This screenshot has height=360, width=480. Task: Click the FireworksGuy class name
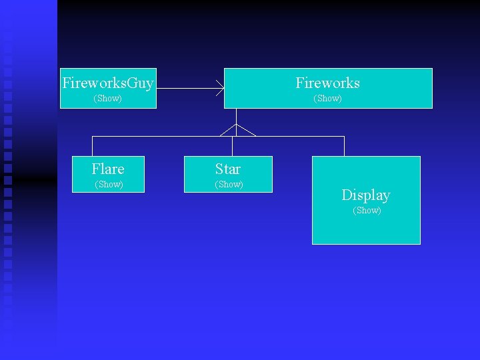[108, 83]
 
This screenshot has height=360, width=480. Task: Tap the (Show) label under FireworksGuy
[108, 99]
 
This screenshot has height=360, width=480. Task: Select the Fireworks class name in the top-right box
[327, 83]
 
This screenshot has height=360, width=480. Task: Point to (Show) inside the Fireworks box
[327, 99]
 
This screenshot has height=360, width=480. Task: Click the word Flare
[108, 169]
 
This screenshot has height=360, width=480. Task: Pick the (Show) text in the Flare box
[109, 185]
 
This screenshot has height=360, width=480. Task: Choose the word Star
[228, 169]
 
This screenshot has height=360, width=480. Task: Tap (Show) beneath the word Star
[229, 185]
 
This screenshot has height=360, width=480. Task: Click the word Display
[366, 195]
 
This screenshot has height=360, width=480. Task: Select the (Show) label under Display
[367, 211]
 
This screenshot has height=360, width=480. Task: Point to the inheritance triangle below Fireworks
[237, 130]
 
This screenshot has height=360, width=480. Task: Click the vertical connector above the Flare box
[92, 146]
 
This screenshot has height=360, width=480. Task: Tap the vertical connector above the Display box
[344, 146]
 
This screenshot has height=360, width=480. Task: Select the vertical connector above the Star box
[232, 146]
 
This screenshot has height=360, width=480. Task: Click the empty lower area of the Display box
[366, 230]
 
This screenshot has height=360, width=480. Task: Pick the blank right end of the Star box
[260, 175]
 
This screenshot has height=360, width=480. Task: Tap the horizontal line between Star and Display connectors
[293, 136]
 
